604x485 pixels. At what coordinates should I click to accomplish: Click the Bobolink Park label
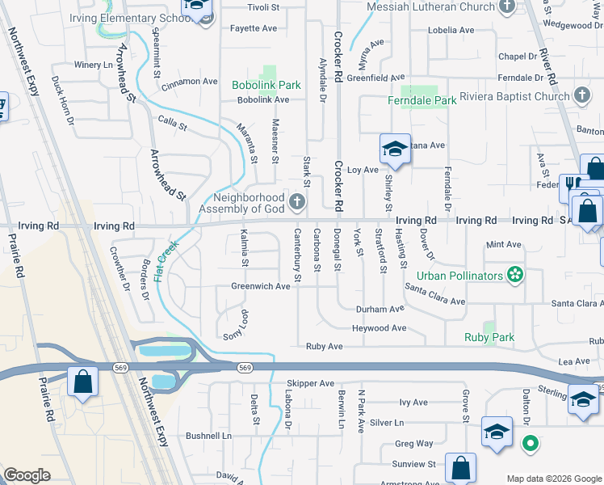[266, 84]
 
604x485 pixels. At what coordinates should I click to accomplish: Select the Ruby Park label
[489, 337]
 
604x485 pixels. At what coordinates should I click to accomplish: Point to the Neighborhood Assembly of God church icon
[298, 201]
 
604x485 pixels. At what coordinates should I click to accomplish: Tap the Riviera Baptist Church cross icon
[581, 96]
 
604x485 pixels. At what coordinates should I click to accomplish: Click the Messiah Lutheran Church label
[430, 7]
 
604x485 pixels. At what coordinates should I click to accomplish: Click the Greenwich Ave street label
[260, 286]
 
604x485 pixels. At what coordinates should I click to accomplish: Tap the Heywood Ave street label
[379, 328]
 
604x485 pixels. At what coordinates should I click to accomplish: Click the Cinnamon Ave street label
[190, 82]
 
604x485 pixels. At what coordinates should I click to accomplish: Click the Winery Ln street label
[91, 65]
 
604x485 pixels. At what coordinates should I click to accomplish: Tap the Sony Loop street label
[233, 324]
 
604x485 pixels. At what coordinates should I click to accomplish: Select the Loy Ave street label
[363, 171]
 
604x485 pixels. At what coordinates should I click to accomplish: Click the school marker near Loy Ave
[396, 149]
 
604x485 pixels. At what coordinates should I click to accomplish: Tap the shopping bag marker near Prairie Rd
[83, 381]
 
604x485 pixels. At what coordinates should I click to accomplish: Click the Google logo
[27, 475]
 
